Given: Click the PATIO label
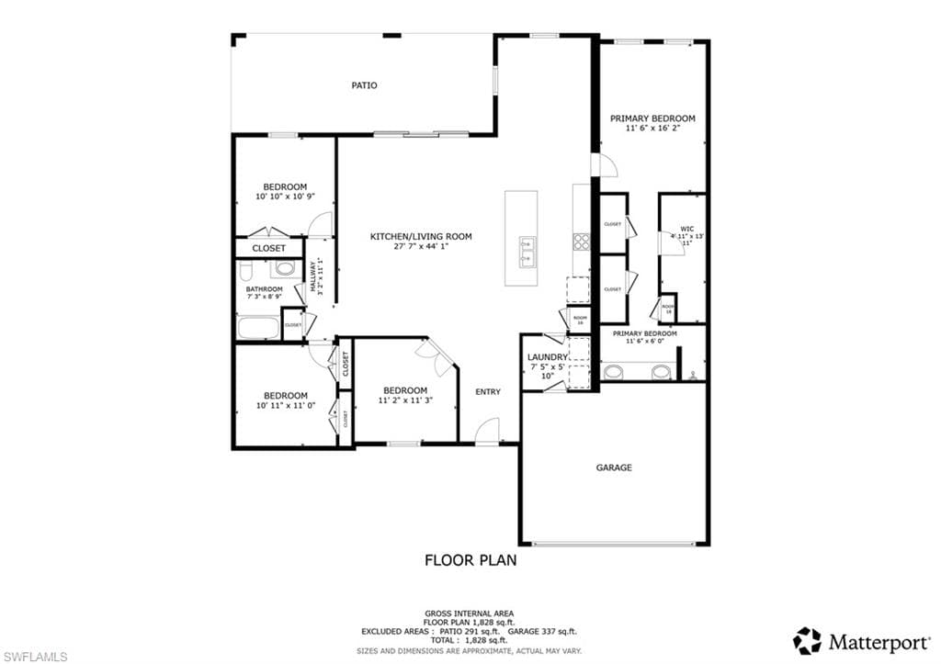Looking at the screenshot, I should tap(364, 85).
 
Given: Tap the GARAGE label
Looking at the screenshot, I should tap(614, 467).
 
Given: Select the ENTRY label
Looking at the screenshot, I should tap(488, 392).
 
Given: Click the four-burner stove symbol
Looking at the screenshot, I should tap(582, 242).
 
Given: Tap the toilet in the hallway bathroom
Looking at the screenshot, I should tap(245, 270).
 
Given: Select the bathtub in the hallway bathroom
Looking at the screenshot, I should tap(258, 328).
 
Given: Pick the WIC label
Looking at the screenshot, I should tap(686, 229).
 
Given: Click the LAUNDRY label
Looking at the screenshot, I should tap(547, 357).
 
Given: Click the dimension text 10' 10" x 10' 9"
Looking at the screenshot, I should tap(285, 197).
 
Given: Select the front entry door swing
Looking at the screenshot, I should tap(487, 429).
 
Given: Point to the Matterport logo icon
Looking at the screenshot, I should tap(807, 640).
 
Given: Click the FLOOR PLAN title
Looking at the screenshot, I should tap(470, 559).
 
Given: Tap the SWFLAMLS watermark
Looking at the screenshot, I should tap(34, 656).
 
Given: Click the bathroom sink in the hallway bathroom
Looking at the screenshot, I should tap(286, 269).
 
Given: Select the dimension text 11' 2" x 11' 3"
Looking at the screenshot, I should tap(405, 400).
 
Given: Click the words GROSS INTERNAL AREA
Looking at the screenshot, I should tap(469, 613).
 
